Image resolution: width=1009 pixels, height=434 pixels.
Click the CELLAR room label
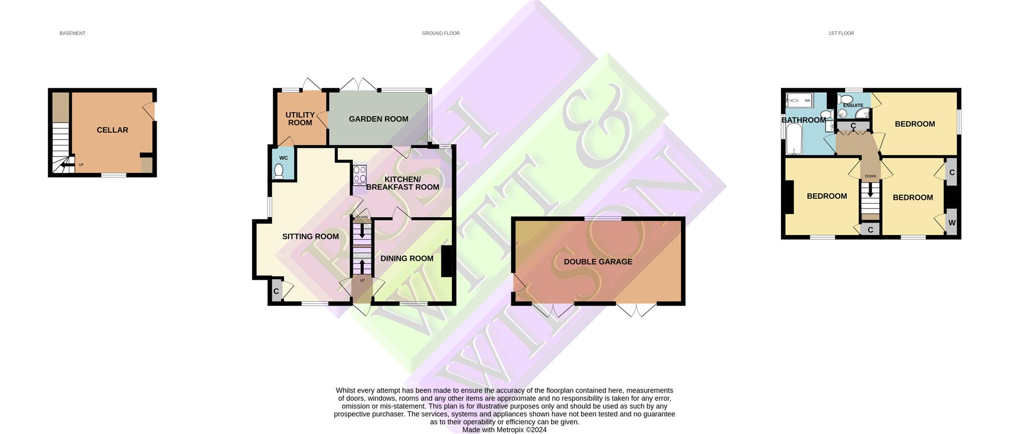point(112,130)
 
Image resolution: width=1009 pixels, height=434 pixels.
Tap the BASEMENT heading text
point(72,33)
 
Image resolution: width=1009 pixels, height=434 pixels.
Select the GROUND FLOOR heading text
point(440,33)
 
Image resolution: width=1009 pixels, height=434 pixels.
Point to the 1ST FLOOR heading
point(841,33)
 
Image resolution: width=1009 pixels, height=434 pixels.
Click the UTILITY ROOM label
point(300,119)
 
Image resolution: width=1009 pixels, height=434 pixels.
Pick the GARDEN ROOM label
point(378,119)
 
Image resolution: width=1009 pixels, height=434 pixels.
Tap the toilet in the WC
point(279,172)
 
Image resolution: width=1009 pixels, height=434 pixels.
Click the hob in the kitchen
point(359,174)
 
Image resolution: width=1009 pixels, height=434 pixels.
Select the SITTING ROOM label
point(310,237)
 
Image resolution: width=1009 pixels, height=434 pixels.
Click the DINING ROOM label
point(407,258)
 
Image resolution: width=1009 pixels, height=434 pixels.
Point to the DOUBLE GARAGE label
point(598,262)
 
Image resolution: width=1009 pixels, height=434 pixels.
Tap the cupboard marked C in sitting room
point(276,291)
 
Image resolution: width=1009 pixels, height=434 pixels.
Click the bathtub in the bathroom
point(792,139)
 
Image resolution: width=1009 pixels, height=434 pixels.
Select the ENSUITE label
point(852,105)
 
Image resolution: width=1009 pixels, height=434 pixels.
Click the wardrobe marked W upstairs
point(951,223)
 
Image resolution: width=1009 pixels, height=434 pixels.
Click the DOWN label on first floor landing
point(870,176)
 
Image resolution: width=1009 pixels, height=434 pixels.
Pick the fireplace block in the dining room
point(446,261)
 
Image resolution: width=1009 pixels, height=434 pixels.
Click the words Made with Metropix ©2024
point(504,430)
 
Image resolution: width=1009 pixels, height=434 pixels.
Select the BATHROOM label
point(803,120)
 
